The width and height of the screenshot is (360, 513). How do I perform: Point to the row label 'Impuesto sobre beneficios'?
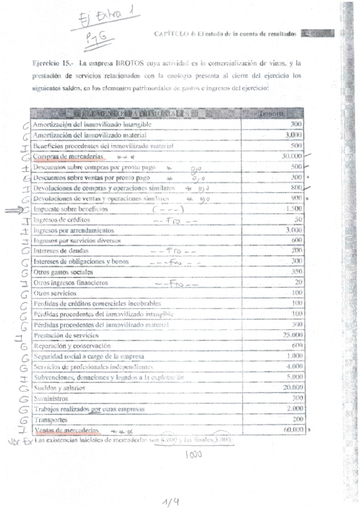click(71, 209)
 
